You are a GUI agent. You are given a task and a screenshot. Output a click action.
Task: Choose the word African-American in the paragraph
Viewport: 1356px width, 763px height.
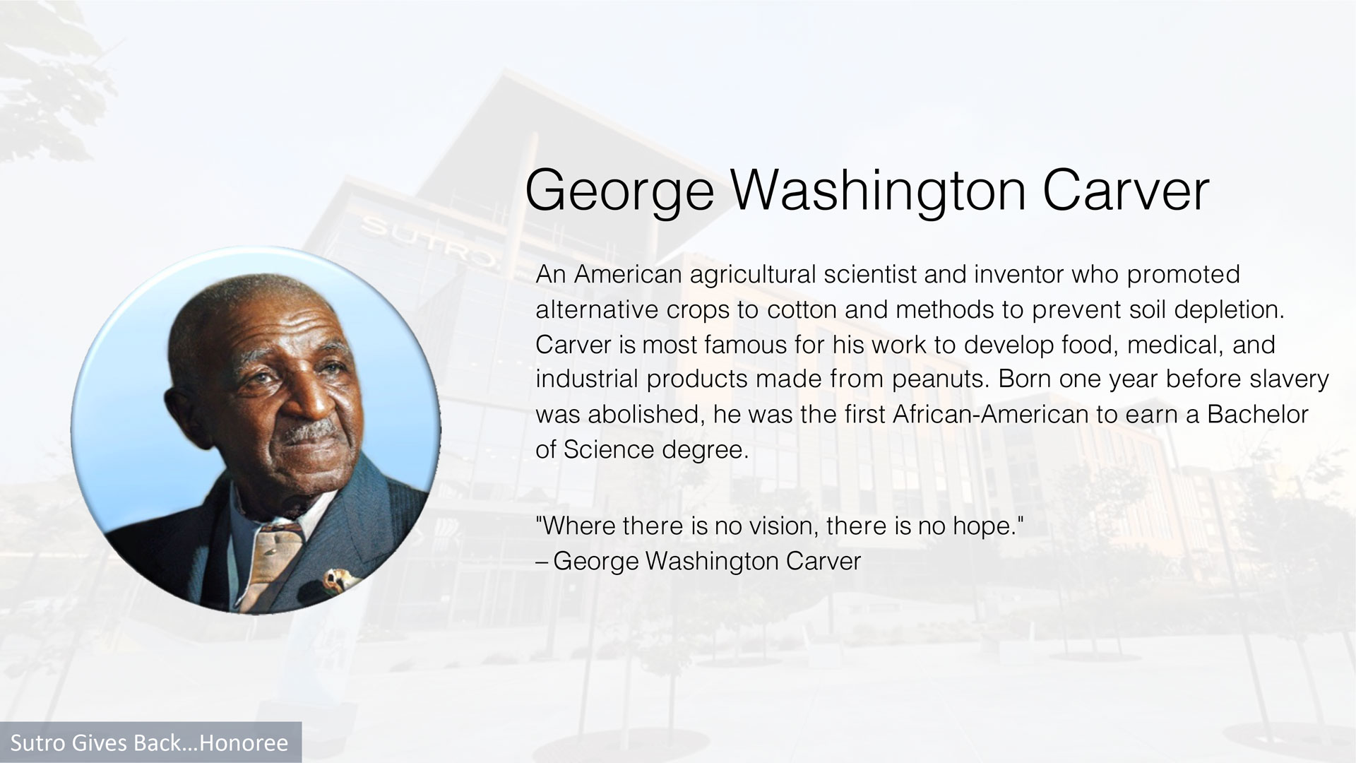coord(991,414)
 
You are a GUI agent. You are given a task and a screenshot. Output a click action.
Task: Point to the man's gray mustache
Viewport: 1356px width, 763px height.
coord(311,430)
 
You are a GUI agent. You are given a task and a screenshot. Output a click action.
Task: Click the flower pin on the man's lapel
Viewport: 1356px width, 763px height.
coord(338,581)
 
